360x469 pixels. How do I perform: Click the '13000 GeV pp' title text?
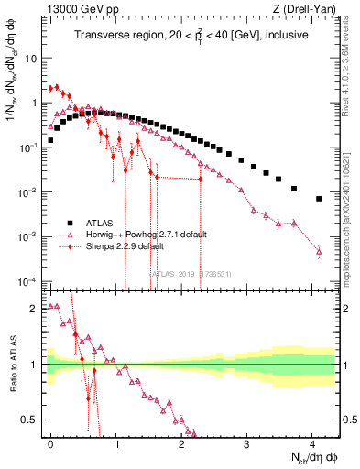pyautogui.click(x=80, y=10)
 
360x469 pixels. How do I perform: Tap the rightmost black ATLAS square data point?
pyautogui.click(x=319, y=199)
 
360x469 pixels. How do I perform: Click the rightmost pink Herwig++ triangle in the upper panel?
pyautogui.click(x=319, y=251)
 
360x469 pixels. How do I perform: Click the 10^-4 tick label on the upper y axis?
pyautogui.click(x=30, y=281)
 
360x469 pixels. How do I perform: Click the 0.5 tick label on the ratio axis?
pyautogui.click(x=32, y=420)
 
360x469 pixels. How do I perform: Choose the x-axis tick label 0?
pyautogui.click(x=50, y=442)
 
